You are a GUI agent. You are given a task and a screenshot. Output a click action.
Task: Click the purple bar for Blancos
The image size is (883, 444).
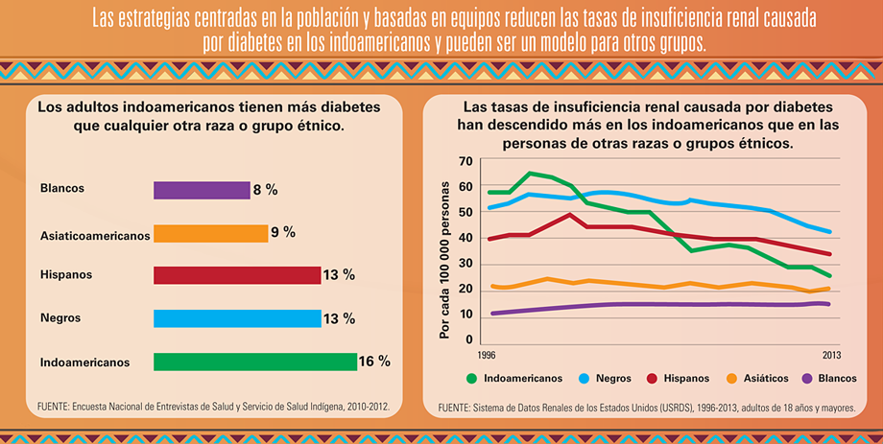[x=201, y=190]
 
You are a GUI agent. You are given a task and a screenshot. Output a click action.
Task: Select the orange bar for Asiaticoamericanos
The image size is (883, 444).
[x=210, y=233]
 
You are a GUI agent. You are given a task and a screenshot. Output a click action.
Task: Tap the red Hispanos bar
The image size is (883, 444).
[x=236, y=275]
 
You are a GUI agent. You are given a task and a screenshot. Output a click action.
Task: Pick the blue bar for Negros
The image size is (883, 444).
[x=236, y=318]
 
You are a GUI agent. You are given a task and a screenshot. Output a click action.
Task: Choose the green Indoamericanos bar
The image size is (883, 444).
[x=254, y=362]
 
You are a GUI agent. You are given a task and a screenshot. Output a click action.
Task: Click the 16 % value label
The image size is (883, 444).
[x=374, y=362]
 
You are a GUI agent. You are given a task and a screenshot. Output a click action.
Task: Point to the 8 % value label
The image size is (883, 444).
[x=265, y=190]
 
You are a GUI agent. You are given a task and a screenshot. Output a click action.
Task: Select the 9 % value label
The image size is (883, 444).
[x=283, y=232]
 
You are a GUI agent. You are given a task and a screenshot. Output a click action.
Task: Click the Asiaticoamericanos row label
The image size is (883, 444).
[x=95, y=234]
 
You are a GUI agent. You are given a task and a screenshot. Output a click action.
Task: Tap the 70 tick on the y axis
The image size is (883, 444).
[x=466, y=161]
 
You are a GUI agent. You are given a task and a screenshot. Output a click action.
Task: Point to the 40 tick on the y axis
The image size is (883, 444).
[x=466, y=238]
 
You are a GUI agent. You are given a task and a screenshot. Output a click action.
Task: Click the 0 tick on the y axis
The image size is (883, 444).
[x=470, y=339]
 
